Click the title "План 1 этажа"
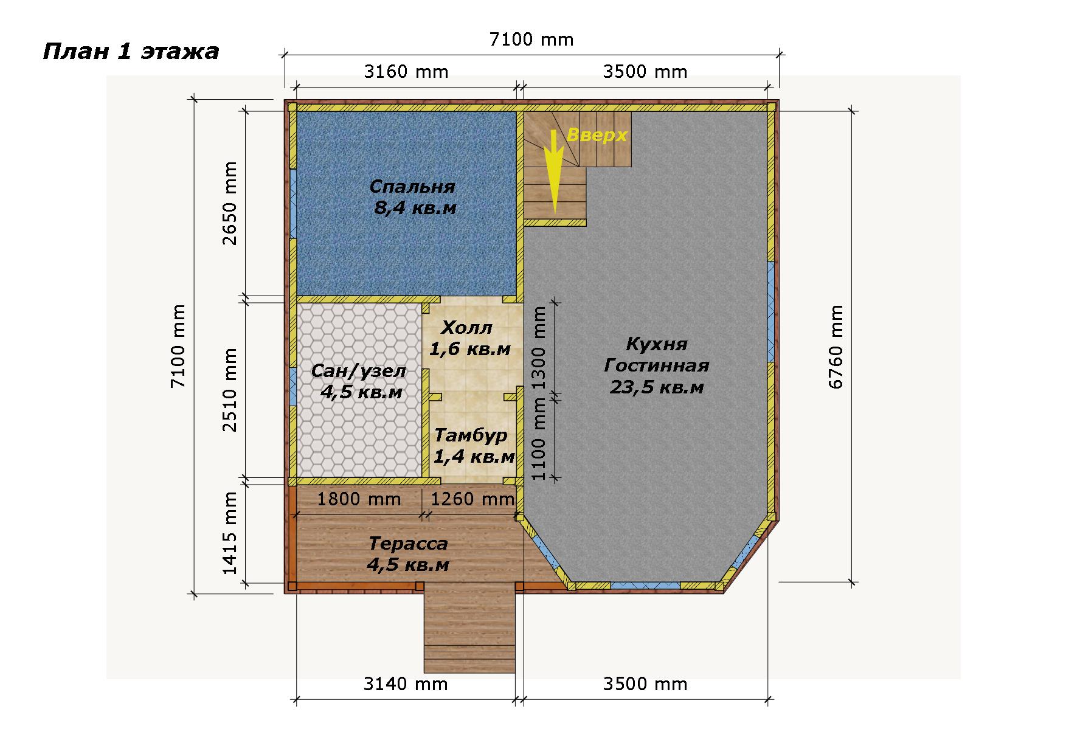pyautogui.click(x=131, y=52)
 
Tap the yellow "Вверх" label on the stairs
pyautogui.click(x=597, y=135)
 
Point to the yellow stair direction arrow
pyautogui.click(x=553, y=171)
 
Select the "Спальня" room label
pyautogui.click(x=412, y=186)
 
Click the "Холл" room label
pyautogui.click(x=466, y=329)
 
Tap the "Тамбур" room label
pyautogui.click(x=471, y=436)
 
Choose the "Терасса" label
pyautogui.click(x=408, y=543)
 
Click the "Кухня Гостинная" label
pyautogui.click(x=657, y=355)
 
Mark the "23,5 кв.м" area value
pyautogui.click(x=657, y=387)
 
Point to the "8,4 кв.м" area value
pyautogui.click(x=415, y=209)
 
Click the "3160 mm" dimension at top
pyautogui.click(x=406, y=72)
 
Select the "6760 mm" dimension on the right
pyautogui.click(x=837, y=347)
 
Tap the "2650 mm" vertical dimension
pyautogui.click(x=230, y=203)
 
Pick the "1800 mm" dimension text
pyautogui.click(x=359, y=499)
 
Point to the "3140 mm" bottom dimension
pyautogui.click(x=406, y=684)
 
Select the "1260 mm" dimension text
pyautogui.click(x=473, y=499)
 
